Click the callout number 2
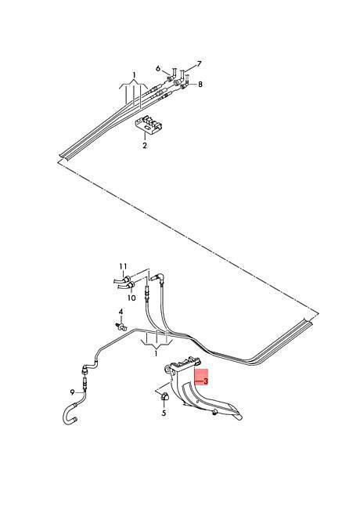coord(144,145)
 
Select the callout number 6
coord(158,68)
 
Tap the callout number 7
coord(199,63)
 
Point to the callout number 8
coord(200,84)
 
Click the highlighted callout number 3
coord(206,381)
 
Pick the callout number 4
coord(121,312)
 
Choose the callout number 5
coord(164,413)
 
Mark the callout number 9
coord(72,392)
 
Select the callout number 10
coord(131,298)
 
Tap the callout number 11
coord(123,266)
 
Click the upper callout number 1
coord(134,75)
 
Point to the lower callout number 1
coord(156,353)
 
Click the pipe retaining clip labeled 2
coord(148,125)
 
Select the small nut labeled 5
coord(165,396)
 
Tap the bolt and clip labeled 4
coord(121,326)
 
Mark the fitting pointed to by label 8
coord(185,85)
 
